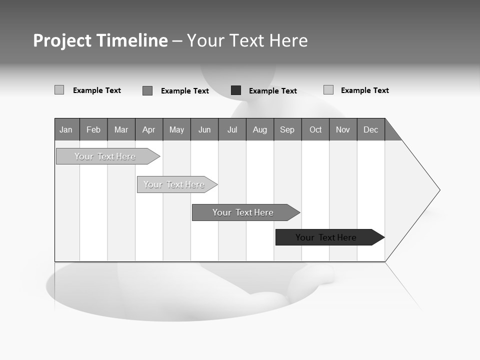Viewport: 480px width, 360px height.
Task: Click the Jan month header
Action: (x=66, y=129)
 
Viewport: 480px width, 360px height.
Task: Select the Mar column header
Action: (x=121, y=129)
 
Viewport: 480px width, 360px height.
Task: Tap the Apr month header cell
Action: (x=149, y=129)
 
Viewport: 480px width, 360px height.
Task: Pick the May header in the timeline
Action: (x=176, y=129)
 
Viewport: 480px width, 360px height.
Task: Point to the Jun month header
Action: (x=204, y=129)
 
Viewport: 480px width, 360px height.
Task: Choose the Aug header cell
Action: (x=260, y=129)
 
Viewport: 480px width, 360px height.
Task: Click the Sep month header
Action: (x=287, y=129)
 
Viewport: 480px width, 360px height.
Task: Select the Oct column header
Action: (x=315, y=129)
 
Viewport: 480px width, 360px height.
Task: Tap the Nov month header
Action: (x=343, y=129)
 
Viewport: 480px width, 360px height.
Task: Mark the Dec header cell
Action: (x=371, y=129)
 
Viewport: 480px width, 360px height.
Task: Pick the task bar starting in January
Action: (x=105, y=156)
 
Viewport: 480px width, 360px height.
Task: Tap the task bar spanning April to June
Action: (x=174, y=184)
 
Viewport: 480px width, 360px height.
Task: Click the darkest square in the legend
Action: (x=236, y=90)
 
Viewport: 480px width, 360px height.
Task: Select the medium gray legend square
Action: (x=147, y=90)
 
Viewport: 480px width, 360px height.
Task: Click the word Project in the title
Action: (x=63, y=40)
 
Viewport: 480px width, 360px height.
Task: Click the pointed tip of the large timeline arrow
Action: (x=438, y=190)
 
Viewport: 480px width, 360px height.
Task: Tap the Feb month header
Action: (x=93, y=129)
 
